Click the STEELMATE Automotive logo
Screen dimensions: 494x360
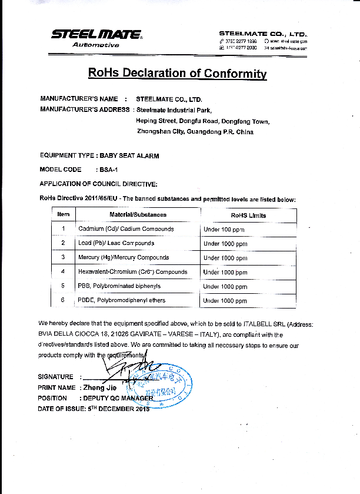(x=96, y=38)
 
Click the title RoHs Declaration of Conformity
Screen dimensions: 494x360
(x=177, y=73)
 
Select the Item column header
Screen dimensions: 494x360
(x=64, y=215)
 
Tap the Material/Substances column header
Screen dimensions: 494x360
(x=138, y=215)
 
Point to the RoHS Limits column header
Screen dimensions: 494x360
(x=248, y=215)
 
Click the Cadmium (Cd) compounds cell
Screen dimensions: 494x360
(x=126, y=229)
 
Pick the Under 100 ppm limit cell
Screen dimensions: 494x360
(x=224, y=229)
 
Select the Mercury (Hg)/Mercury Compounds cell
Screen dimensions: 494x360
(x=124, y=257)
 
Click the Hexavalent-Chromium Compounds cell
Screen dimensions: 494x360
(x=133, y=272)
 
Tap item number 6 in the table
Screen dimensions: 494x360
(x=62, y=300)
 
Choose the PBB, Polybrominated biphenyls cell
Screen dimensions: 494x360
(x=119, y=286)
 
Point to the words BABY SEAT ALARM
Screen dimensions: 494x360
(x=129, y=155)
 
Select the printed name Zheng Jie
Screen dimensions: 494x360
(x=99, y=388)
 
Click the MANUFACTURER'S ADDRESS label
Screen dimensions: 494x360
(x=85, y=110)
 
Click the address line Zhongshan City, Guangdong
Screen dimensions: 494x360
(x=195, y=132)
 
